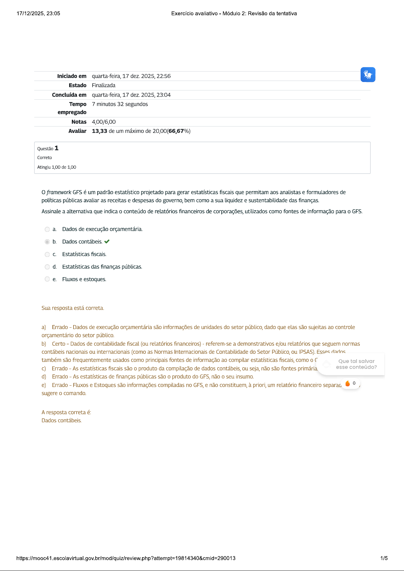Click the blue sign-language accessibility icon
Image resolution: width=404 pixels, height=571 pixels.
[368, 75]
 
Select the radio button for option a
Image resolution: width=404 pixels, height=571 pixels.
[47, 229]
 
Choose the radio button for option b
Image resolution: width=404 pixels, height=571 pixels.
[47, 242]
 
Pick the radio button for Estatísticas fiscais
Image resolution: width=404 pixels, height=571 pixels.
[47, 254]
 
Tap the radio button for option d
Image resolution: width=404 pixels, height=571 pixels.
[47, 267]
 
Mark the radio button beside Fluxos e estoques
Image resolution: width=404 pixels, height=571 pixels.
[47, 279]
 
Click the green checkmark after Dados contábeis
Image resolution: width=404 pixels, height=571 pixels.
[107, 242]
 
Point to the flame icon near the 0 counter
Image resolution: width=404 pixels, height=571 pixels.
[347, 383]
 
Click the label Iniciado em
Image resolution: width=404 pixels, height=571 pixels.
[72, 76]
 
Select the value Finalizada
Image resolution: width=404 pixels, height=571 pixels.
[103, 85]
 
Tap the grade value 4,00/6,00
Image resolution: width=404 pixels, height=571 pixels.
[104, 122]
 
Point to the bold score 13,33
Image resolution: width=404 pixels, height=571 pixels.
[99, 131]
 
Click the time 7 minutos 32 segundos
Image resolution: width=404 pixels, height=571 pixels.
[120, 104]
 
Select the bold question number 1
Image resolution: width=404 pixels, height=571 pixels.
[57, 148]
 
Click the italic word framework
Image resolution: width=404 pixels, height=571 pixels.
[59, 192]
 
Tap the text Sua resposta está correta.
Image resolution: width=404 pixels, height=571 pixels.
[73, 308]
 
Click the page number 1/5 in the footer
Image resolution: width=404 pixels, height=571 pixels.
[384, 558]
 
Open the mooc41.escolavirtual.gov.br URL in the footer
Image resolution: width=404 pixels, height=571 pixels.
[126, 558]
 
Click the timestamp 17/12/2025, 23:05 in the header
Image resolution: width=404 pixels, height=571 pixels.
[38, 14]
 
